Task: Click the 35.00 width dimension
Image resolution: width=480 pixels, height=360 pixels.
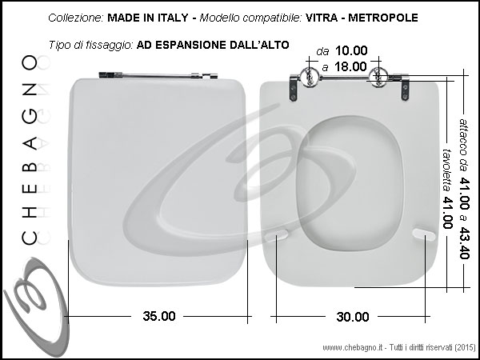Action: pos(159,316)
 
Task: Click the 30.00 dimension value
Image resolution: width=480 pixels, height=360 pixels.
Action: pos(353,317)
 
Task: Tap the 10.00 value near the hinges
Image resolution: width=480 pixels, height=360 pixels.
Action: pos(351,51)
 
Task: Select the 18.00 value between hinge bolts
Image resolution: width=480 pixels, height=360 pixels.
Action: pos(350,66)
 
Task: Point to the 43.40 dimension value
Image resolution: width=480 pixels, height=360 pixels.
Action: pos(465,243)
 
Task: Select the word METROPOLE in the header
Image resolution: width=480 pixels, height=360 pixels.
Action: pos(383,18)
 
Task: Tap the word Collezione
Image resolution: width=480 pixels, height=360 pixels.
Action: pos(76,18)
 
